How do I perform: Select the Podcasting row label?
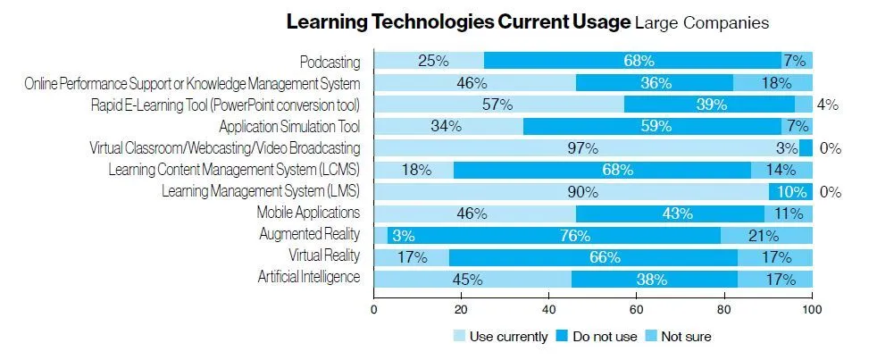click(330, 62)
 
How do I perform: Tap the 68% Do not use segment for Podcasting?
click(632, 62)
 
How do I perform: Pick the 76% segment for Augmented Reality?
click(575, 236)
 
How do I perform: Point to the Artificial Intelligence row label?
click(309, 278)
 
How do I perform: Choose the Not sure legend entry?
click(680, 337)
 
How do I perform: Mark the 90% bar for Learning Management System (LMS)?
click(571, 191)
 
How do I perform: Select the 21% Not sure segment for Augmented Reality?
click(765, 236)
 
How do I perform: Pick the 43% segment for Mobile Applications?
click(670, 213)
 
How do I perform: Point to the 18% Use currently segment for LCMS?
click(413, 170)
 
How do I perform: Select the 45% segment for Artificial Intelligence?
click(472, 279)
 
